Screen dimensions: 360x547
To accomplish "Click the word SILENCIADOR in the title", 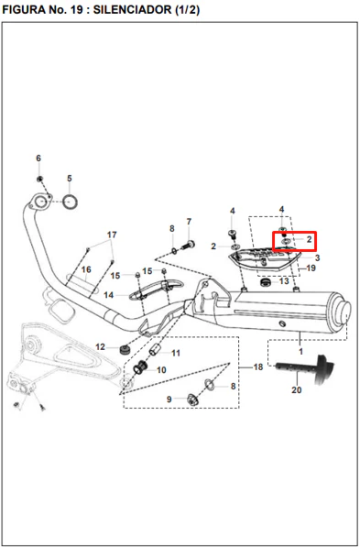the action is (132, 9).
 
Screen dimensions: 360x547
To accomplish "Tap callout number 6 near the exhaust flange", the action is (38, 159).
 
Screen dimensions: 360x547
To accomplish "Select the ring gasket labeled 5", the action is (71, 202).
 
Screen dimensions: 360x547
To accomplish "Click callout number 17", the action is (112, 235).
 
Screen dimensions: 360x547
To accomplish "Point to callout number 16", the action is (86, 269).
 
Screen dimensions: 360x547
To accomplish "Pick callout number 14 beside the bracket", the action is (108, 295).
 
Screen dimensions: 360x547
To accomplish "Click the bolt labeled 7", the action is (189, 245).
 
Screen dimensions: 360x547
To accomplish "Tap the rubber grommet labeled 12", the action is (125, 349).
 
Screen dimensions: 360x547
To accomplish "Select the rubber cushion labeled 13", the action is (267, 282).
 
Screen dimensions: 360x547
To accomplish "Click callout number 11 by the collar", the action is (176, 354).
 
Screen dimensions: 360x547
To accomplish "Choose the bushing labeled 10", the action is (140, 367).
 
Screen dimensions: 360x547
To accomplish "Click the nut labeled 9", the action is (192, 399).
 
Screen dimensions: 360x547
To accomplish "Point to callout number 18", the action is (258, 367).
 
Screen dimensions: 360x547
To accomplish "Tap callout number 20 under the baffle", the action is (297, 389).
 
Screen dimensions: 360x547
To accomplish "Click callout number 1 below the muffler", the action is (301, 351).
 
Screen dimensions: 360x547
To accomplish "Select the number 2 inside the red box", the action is (309, 240).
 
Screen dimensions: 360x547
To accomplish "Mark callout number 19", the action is (311, 268).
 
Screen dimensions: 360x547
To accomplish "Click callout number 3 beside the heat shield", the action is (317, 257).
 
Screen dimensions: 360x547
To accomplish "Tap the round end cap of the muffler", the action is (344, 312).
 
